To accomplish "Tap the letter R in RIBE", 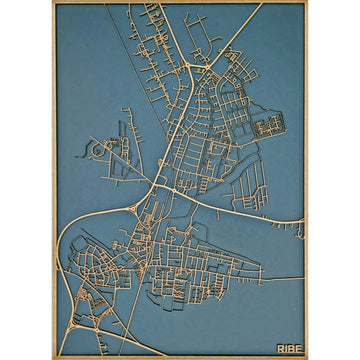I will pyautogui.click(x=280, y=348).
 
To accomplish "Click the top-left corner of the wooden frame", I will pyautogui.click(x=54, y=2).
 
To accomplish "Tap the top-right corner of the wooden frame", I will pyautogui.click(x=306, y=2).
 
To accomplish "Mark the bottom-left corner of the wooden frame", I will pyautogui.click(x=54, y=357).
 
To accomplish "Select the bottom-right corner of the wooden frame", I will pyautogui.click(x=306, y=357).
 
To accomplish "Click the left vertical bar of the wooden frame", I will pyautogui.click(x=54, y=180).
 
